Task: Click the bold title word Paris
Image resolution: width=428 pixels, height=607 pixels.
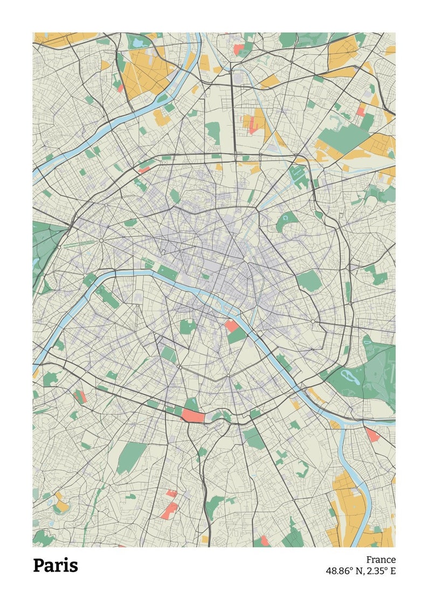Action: pyautogui.click(x=56, y=565)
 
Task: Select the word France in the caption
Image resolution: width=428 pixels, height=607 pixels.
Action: pyautogui.click(x=381, y=560)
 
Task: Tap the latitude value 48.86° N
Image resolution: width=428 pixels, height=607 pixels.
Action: pyautogui.click(x=344, y=571)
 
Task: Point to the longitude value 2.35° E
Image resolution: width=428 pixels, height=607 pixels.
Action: pyautogui.click(x=381, y=571)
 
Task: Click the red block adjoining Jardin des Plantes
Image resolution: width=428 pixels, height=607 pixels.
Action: pyautogui.click(x=232, y=325)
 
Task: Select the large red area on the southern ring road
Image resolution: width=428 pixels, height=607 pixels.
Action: pyautogui.click(x=192, y=415)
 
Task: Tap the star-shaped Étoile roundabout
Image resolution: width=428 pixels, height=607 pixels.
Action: pyautogui.click(x=101, y=241)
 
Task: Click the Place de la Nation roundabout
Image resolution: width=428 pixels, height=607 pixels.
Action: pyautogui.click(x=313, y=322)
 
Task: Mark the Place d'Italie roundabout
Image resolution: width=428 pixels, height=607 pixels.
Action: pyautogui.click(x=229, y=375)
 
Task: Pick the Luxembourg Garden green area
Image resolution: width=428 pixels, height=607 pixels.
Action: pyautogui.click(x=188, y=326)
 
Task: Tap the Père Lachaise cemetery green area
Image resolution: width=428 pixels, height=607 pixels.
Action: pyautogui.click(x=309, y=281)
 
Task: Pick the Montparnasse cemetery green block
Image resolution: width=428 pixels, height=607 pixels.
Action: pyautogui.click(x=168, y=354)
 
